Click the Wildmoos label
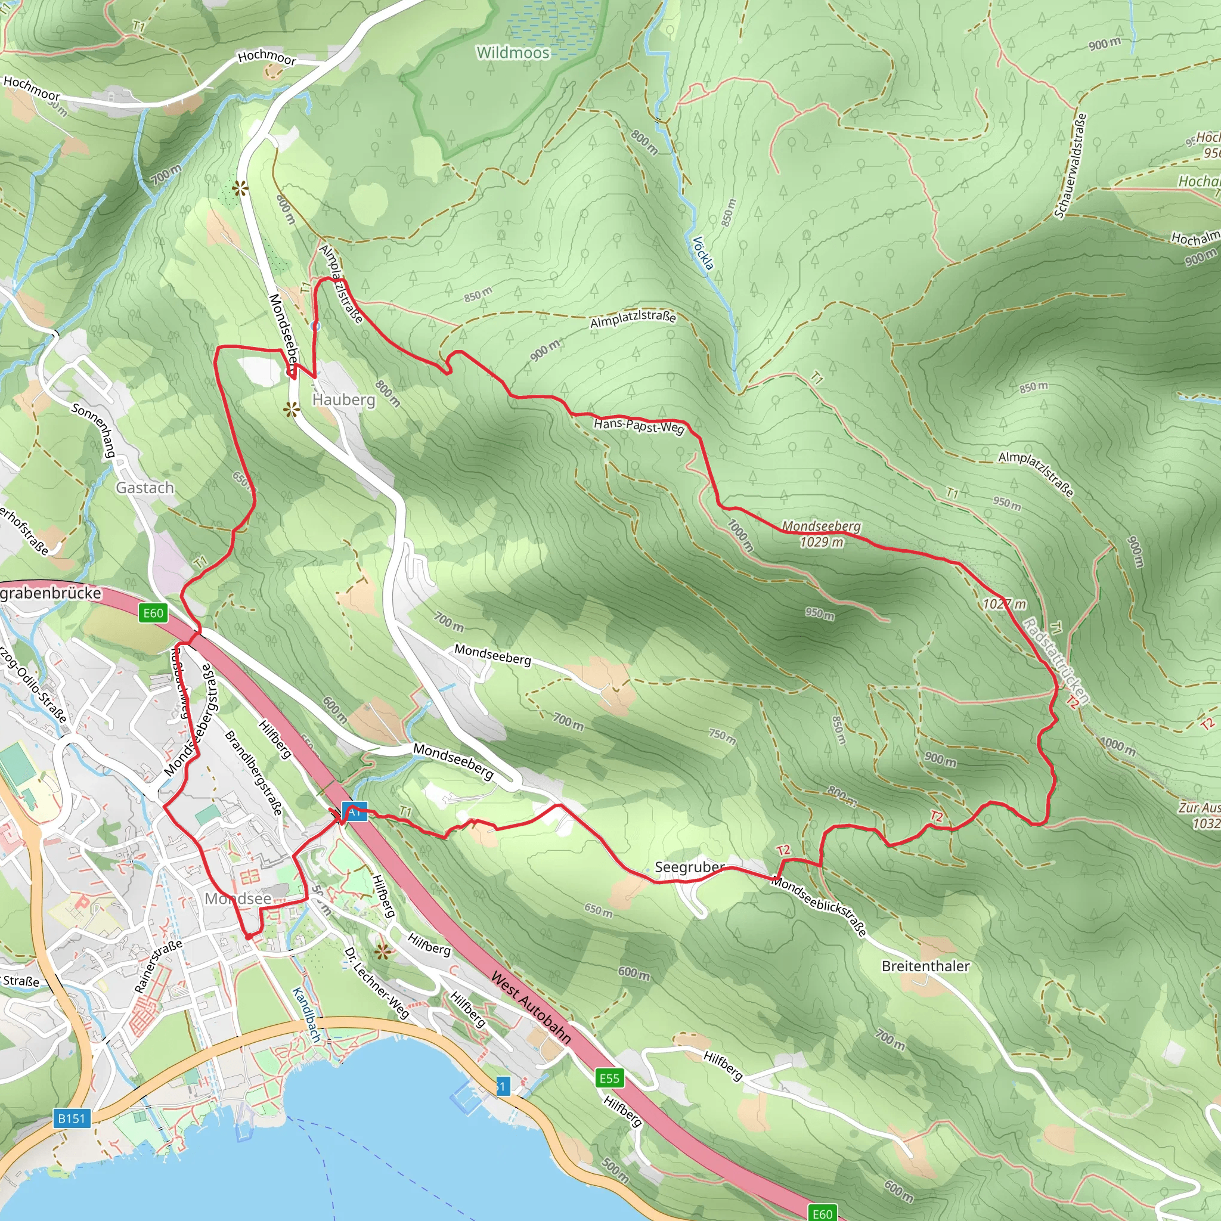click(x=513, y=52)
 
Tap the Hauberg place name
click(x=344, y=399)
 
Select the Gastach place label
click(x=145, y=487)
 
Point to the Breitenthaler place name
click(x=925, y=966)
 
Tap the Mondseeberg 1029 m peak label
click(x=821, y=534)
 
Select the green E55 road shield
click(x=609, y=1077)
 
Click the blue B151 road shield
click(x=71, y=1118)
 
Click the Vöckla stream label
click(x=703, y=253)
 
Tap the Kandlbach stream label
click(x=306, y=1014)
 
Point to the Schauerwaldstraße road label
click(x=1071, y=166)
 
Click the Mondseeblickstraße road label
click(x=819, y=906)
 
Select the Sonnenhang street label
click(x=94, y=429)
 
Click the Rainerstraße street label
click(x=158, y=966)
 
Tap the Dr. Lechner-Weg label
click(x=377, y=983)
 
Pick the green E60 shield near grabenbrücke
click(x=153, y=612)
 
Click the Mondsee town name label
click(x=238, y=898)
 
